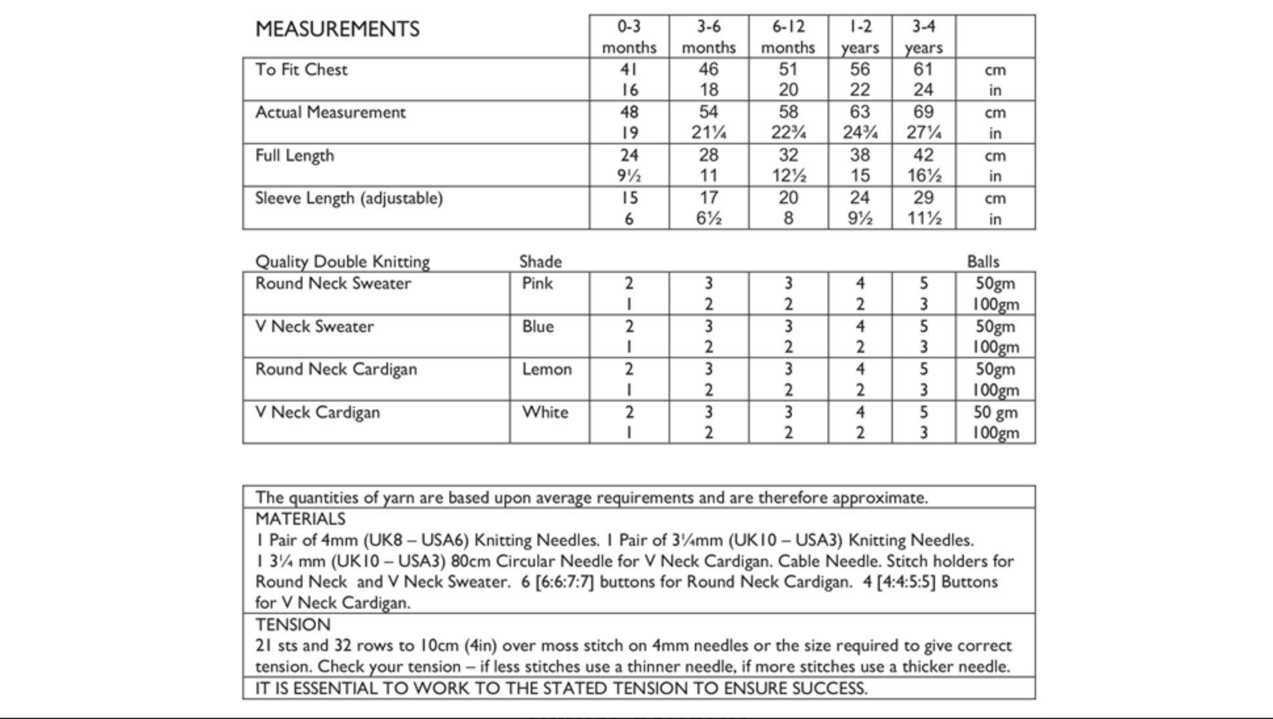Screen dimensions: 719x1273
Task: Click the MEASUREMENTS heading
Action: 337,30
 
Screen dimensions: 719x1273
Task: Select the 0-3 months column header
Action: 629,37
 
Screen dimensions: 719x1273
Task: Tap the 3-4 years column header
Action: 923,37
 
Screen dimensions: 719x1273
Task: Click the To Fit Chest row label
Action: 301,70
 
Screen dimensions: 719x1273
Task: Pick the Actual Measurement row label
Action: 330,112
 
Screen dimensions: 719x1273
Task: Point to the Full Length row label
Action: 295,155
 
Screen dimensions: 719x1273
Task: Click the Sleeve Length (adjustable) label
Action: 348,198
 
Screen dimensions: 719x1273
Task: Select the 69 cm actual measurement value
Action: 923,112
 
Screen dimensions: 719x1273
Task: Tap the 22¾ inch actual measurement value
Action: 788,133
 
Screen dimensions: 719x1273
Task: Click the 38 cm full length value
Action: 860,155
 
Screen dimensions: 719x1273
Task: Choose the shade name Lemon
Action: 547,369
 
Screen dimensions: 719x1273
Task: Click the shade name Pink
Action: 537,283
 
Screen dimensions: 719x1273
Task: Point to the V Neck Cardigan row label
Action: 318,413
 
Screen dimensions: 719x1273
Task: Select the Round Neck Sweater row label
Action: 333,283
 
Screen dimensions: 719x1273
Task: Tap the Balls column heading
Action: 982,262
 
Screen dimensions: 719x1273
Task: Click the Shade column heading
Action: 540,262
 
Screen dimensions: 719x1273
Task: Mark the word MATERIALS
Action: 300,519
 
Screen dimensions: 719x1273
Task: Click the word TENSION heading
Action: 293,625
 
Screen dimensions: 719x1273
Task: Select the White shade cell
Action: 545,413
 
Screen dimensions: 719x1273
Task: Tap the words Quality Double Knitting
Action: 342,262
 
